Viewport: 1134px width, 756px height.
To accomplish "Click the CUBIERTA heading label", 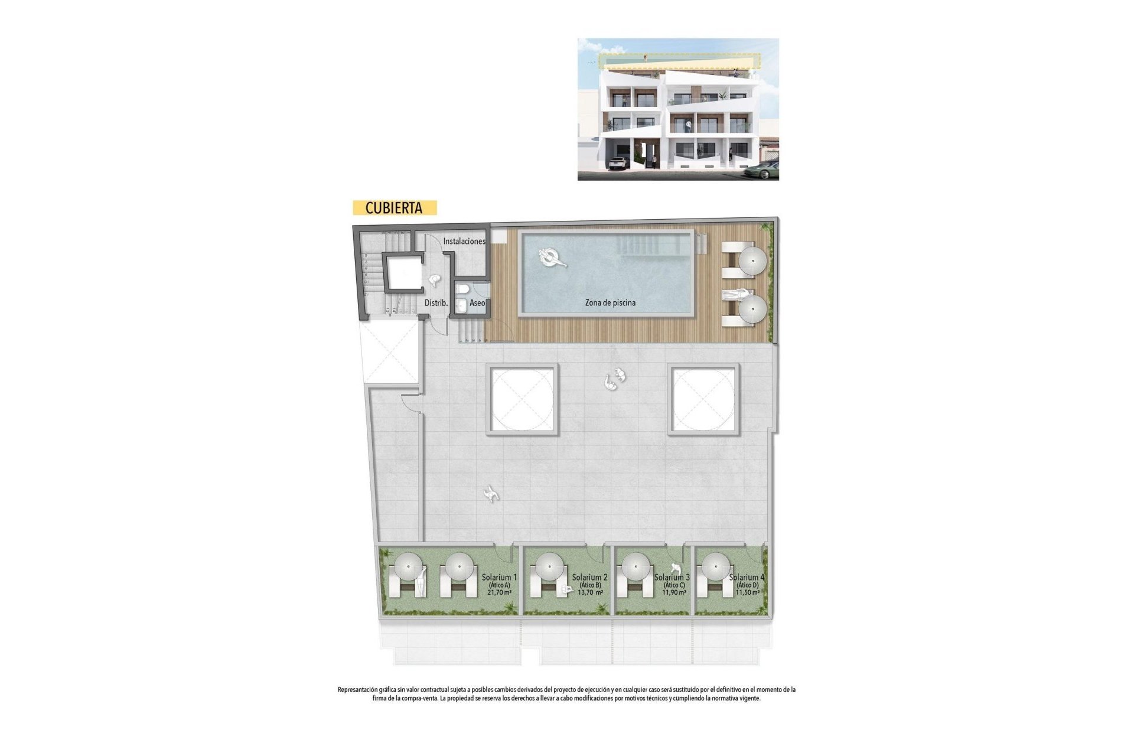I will click(394, 208).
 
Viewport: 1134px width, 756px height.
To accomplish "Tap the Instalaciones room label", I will click(464, 242).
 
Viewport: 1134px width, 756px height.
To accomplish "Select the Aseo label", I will click(477, 303).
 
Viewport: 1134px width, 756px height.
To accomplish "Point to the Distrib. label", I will click(436, 303).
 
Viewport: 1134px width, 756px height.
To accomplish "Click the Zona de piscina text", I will click(610, 303).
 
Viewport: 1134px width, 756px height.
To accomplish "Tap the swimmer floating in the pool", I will click(551, 258).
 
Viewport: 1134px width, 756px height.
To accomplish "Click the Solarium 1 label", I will click(499, 577).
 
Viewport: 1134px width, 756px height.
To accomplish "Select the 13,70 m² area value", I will click(590, 592).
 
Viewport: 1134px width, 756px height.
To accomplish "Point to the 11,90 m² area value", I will click(674, 592).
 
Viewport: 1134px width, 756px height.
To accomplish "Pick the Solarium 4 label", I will click(747, 577).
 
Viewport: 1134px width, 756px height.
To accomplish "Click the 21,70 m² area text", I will click(499, 592).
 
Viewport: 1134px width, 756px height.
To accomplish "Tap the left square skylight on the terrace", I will click(522, 399).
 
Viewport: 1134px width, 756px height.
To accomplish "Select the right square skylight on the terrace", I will click(703, 399).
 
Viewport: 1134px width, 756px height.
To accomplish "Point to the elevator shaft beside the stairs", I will click(403, 272).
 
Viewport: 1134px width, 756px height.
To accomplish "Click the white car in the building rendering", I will click(618, 163).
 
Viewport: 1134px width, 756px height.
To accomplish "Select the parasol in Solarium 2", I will click(550, 567).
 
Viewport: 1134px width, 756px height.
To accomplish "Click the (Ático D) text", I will click(747, 585).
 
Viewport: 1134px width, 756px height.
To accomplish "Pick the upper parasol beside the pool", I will click(752, 260).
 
